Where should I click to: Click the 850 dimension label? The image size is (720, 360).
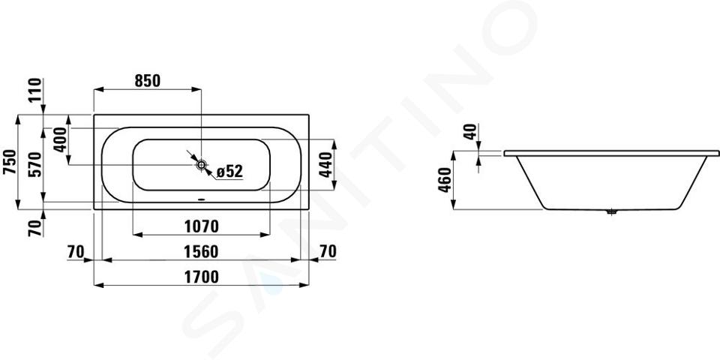coord(148,81)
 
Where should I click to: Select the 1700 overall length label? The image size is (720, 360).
coord(201,277)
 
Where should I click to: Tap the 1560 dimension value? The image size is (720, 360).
coord(201,252)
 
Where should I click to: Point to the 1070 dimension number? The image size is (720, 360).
coord(201,226)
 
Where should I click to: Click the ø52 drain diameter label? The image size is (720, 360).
coord(229,171)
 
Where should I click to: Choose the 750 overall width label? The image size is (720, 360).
coord(10,162)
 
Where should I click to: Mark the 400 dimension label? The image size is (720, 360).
coord(60,140)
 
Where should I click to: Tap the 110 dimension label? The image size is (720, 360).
coord(36,91)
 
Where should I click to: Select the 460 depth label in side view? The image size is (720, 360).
coord(445,180)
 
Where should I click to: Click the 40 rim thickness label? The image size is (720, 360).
coord(470,132)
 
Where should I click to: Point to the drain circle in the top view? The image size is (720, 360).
coord(201,164)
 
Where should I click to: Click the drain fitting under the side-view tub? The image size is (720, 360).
coord(610,212)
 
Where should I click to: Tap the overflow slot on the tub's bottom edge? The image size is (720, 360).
coord(201,199)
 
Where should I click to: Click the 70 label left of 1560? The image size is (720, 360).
coord(76,252)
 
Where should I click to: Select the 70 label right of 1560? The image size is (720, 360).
coord(328,252)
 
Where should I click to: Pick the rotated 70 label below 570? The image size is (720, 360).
coord(36,228)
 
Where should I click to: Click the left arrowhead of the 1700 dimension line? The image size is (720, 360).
coord(98,285)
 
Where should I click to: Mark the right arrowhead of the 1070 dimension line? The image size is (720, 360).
coord(265,235)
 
